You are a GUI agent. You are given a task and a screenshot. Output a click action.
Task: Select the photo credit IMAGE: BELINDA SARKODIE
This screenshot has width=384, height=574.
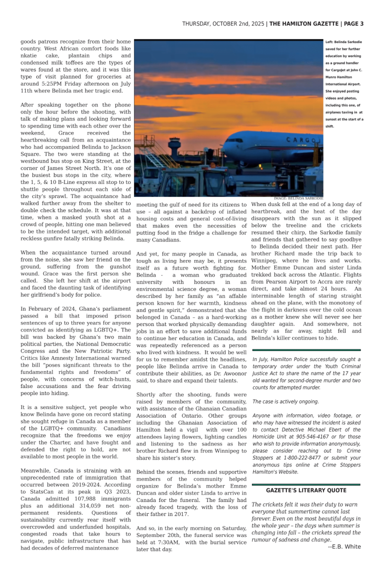tap(298, 198)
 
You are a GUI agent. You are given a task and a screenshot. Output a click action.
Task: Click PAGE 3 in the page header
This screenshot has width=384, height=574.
tap(353, 23)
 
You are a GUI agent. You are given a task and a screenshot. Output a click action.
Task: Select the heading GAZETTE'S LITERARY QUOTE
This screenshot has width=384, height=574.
tap(306, 490)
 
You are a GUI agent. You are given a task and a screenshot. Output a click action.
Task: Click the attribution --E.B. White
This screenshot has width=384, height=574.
tap(344, 546)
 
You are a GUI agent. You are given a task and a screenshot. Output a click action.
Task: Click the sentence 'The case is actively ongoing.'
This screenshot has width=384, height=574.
tap(285, 401)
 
